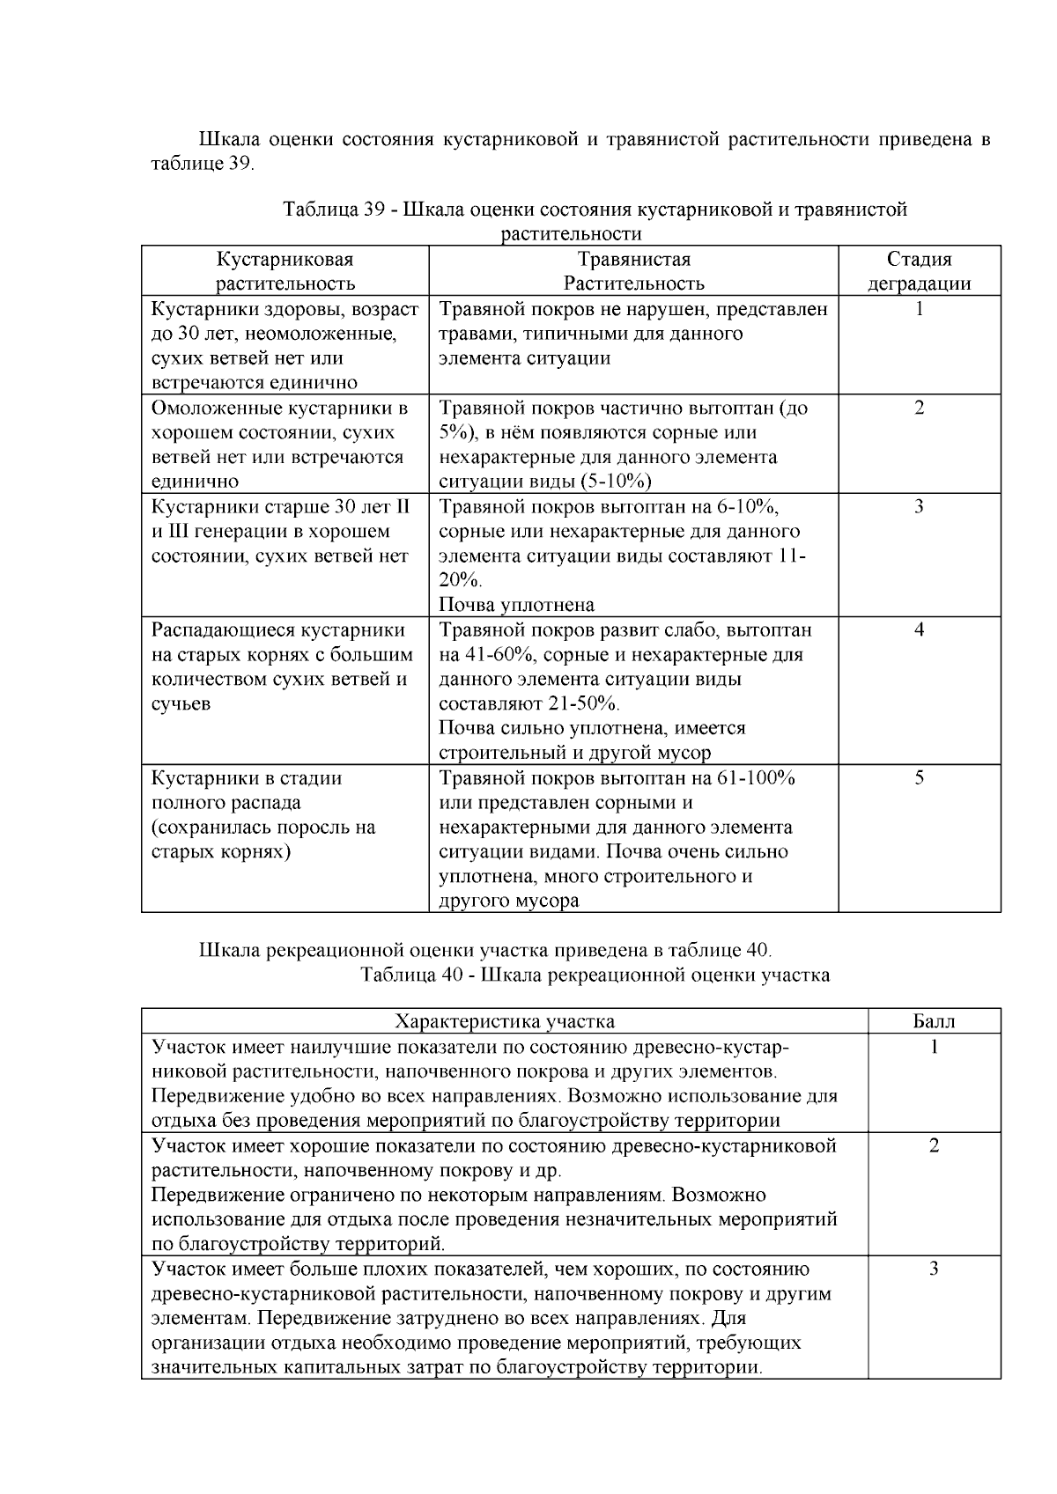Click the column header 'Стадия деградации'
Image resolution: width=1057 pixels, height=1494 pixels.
(x=919, y=271)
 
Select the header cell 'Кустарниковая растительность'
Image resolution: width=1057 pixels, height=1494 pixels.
(x=285, y=271)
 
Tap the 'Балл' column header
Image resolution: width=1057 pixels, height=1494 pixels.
(x=934, y=1021)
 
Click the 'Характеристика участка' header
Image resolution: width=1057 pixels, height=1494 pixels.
(x=505, y=1021)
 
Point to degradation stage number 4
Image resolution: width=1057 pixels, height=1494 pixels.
(x=919, y=630)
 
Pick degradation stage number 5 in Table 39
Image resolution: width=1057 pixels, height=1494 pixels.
(x=919, y=778)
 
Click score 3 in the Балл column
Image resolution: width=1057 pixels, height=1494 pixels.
(x=934, y=1269)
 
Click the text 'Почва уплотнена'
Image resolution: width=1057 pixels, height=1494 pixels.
(x=516, y=605)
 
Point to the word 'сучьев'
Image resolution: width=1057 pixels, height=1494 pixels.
(x=181, y=704)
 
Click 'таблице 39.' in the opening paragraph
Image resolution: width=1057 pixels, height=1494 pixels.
(x=203, y=164)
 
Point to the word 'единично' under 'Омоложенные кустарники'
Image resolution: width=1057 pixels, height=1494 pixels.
(x=195, y=482)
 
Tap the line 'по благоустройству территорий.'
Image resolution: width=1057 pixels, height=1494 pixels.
(x=299, y=1244)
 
